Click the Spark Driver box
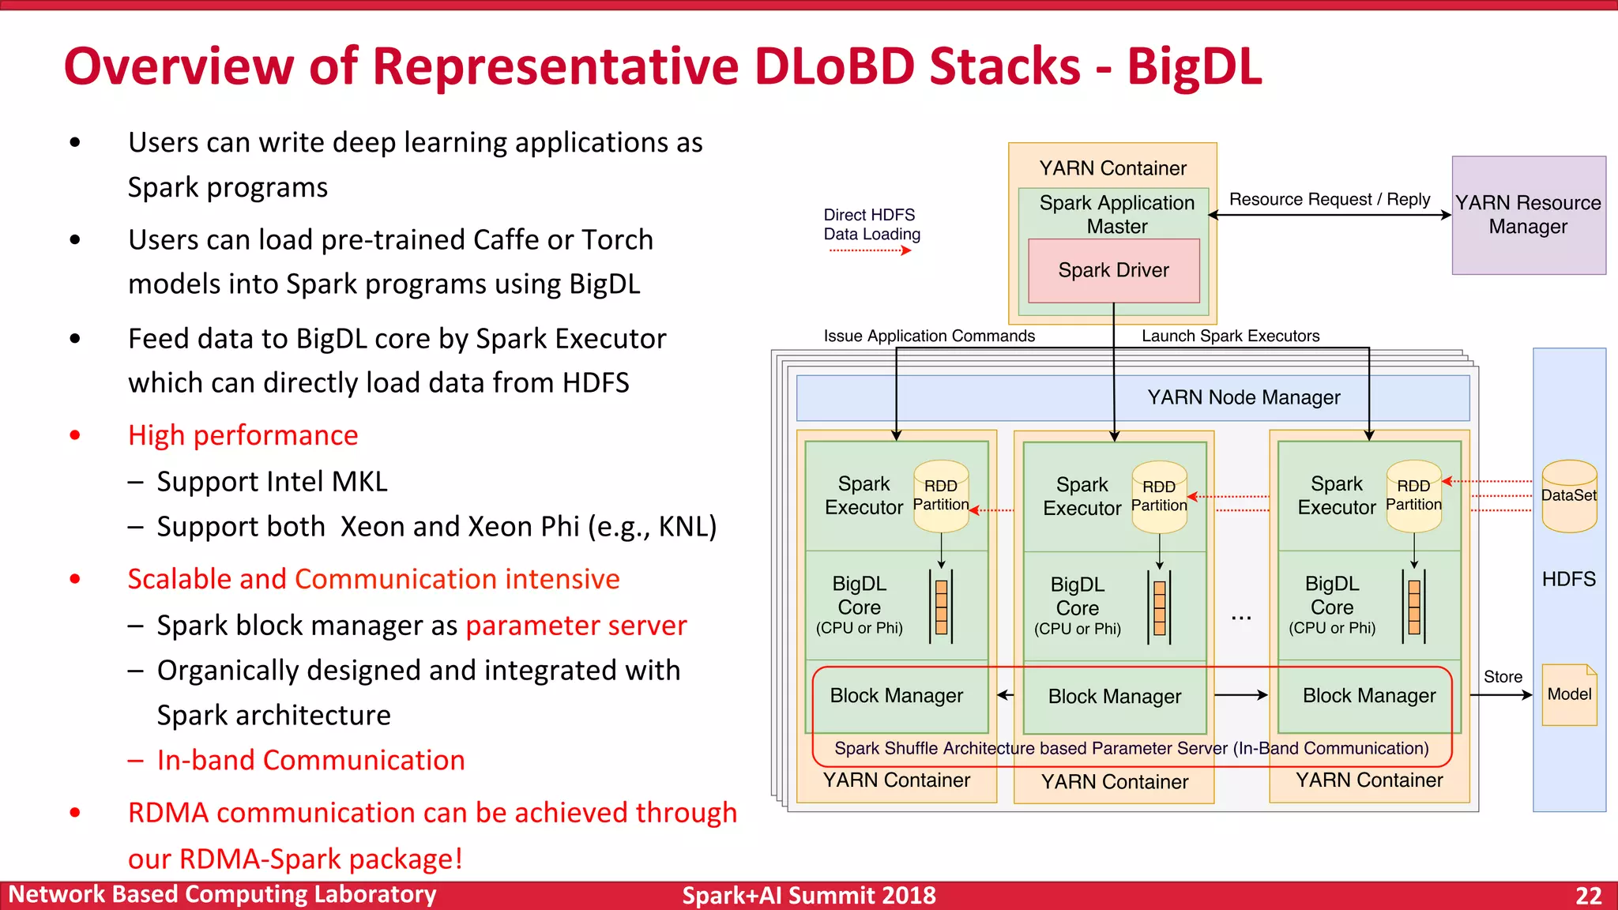coord(1113,270)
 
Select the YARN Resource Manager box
coord(1528,215)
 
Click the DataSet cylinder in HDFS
coord(1569,496)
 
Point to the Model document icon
coord(1569,694)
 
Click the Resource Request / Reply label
coord(1329,199)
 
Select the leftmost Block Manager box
coord(896,696)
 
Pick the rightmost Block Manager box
coord(1368,696)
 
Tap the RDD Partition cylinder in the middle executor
coord(1159,497)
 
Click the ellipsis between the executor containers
coord(1241,617)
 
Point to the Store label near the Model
coord(1502,677)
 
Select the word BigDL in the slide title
coord(1194,66)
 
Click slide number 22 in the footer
coord(1588,896)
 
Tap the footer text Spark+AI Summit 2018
coord(808,896)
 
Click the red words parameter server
coord(576,626)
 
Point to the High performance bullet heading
coord(243,435)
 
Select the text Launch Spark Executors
coord(1230,336)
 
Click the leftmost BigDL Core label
coord(859,596)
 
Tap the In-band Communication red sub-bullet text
coord(310,760)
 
